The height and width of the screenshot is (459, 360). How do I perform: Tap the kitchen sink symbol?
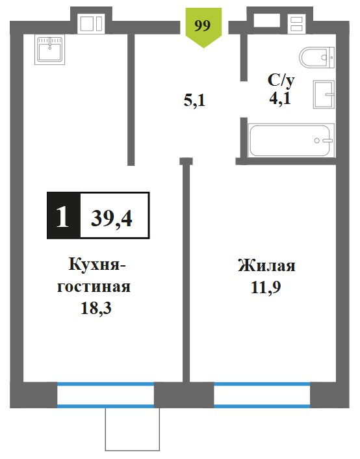(50, 49)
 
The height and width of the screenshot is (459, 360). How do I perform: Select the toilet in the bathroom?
(316, 57)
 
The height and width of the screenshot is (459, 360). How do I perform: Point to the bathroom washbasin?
(324, 94)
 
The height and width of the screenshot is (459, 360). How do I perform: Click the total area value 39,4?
(112, 218)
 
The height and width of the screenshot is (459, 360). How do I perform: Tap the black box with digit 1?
(64, 215)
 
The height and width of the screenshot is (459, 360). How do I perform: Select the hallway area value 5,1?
(194, 101)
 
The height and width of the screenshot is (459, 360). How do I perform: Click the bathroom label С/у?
(281, 80)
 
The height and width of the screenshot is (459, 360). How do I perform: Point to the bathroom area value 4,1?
(280, 98)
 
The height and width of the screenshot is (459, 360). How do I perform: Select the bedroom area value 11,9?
(266, 287)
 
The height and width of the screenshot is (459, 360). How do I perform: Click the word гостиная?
(94, 287)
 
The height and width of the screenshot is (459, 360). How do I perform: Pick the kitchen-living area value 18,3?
(96, 308)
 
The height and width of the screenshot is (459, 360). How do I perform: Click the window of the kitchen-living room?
(105, 394)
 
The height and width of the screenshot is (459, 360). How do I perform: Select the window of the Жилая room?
(262, 394)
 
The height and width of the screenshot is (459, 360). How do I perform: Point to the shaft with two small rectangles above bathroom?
(297, 24)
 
